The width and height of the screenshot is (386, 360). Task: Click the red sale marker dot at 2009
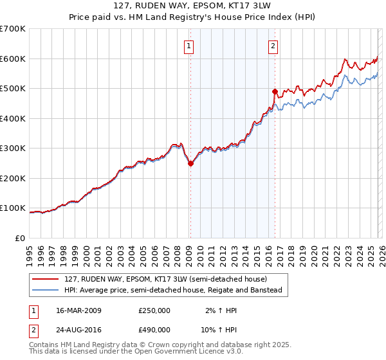click(190, 163)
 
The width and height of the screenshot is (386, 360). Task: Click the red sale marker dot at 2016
click(275, 91)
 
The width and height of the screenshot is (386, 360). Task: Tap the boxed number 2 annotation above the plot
click(273, 46)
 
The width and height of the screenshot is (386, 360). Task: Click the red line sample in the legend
click(46, 279)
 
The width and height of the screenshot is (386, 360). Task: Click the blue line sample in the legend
click(46, 290)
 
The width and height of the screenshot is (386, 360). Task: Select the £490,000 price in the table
click(154, 329)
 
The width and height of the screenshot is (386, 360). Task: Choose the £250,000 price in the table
click(154, 310)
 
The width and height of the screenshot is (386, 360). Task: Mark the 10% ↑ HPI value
click(220, 329)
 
